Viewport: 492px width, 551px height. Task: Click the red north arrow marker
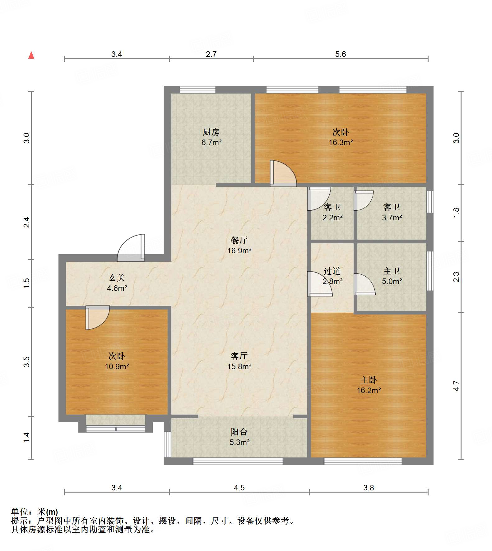[31, 55]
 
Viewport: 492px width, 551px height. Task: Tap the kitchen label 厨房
[211, 132]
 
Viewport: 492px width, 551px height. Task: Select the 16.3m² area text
[341, 143]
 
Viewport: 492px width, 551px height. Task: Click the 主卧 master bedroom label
[369, 380]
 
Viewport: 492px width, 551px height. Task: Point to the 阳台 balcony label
[239, 432]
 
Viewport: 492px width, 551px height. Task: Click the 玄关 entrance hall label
[117, 278]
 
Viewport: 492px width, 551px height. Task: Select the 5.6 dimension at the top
[341, 54]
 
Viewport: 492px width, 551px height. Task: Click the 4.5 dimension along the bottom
[239, 488]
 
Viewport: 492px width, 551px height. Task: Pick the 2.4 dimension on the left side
[27, 222]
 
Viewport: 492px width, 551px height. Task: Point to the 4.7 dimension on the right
[456, 386]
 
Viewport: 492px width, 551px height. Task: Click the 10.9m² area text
[117, 367]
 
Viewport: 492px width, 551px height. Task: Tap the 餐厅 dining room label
[239, 240]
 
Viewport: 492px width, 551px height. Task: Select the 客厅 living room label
[239, 356]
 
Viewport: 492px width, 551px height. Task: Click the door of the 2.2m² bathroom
[319, 199]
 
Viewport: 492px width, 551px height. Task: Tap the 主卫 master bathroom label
[392, 271]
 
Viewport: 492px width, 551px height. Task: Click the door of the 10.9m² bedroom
[98, 318]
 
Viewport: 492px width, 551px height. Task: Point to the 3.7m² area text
[392, 218]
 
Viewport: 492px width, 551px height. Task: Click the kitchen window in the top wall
[198, 90]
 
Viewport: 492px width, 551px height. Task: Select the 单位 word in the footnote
[20, 512]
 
